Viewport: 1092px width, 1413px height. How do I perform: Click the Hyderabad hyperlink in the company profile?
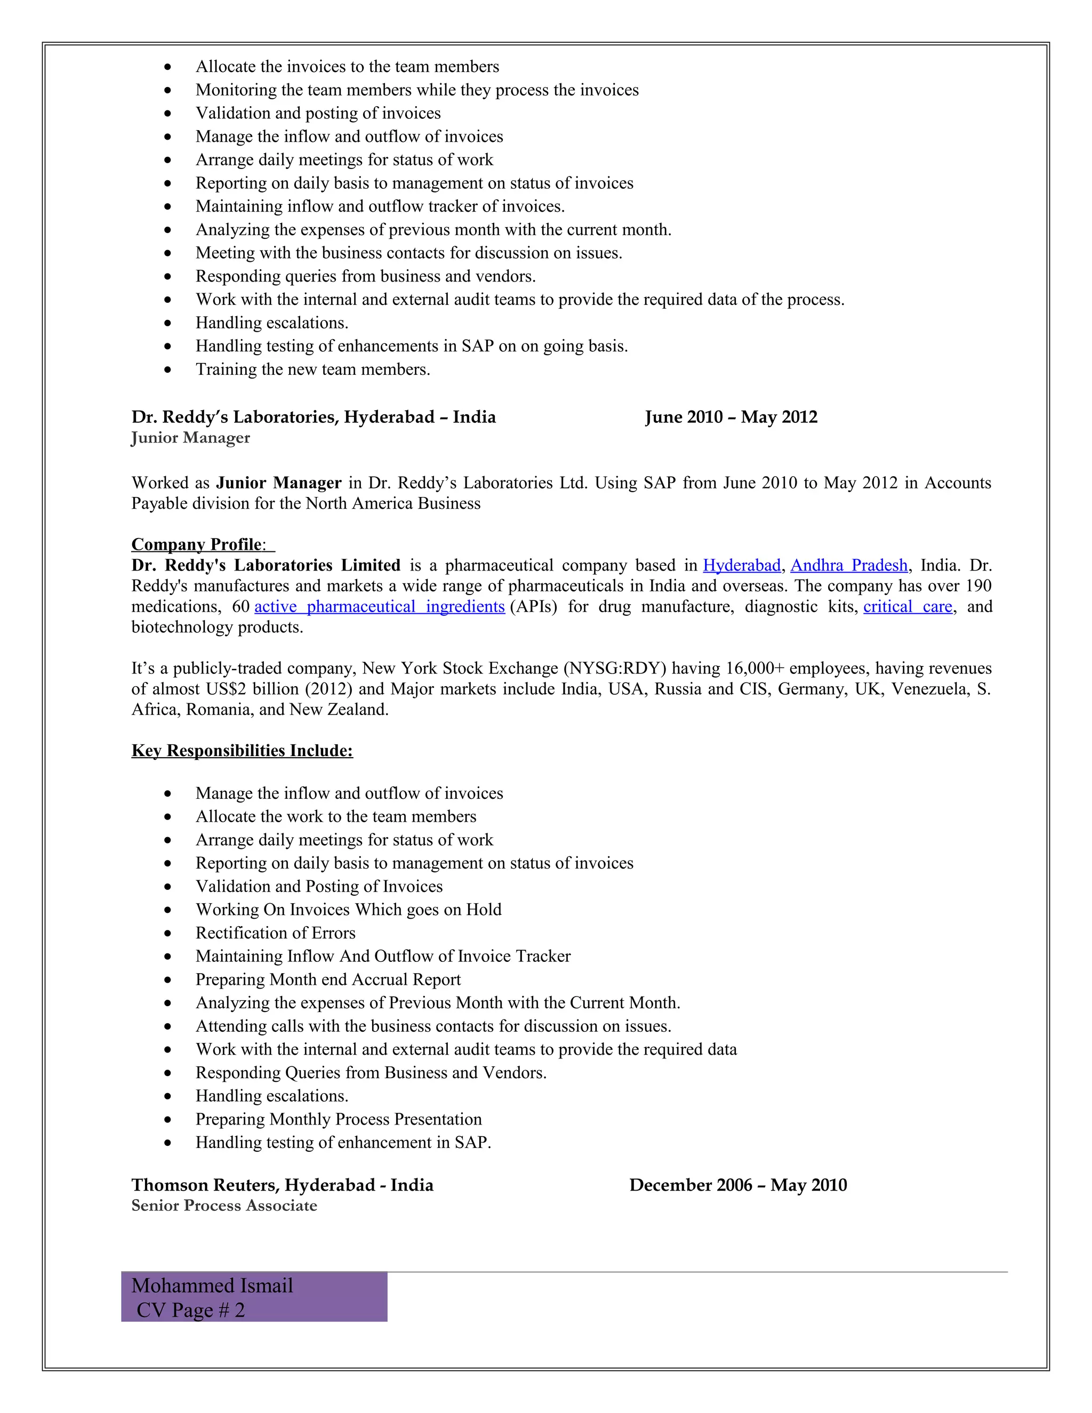tap(741, 565)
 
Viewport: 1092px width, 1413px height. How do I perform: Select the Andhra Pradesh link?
tap(849, 565)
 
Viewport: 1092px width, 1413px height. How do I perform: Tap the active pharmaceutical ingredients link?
tap(379, 607)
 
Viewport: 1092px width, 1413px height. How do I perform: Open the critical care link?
tap(908, 607)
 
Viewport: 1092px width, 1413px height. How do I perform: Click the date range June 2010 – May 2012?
tap(731, 418)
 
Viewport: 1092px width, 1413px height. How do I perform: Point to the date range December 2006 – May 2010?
tap(737, 1185)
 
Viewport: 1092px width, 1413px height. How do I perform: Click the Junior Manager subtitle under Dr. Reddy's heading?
tap(190, 438)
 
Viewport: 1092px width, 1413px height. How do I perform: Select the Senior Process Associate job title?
tap(224, 1206)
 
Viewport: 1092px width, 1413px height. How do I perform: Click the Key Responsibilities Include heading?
tap(242, 751)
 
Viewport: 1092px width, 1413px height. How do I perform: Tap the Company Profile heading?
tap(197, 545)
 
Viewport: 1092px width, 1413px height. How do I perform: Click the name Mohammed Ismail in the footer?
tap(212, 1286)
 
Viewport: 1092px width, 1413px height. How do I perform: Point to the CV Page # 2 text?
tap(190, 1310)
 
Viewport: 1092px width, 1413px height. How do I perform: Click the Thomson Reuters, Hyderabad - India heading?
tap(282, 1185)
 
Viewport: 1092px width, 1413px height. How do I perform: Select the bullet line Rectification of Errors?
tap(276, 933)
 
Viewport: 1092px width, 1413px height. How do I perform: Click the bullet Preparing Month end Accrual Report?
tap(328, 980)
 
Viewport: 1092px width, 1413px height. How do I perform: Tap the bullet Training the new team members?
tap(312, 370)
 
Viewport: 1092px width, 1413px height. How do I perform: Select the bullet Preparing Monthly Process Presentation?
tap(339, 1119)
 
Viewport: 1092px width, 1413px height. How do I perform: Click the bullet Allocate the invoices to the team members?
tap(348, 67)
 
